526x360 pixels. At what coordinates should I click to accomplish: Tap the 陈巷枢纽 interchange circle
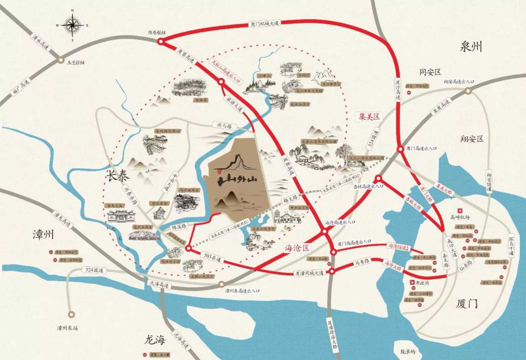click(x=160, y=41)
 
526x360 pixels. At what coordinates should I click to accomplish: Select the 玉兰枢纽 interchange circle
click(x=60, y=60)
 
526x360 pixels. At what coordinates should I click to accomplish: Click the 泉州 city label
click(x=471, y=47)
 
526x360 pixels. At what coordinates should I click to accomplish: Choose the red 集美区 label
click(x=369, y=116)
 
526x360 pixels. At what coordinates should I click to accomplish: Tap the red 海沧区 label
click(x=297, y=248)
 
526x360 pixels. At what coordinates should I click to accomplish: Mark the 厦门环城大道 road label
click(x=264, y=24)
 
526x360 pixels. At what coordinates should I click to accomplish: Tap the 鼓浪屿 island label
click(x=407, y=351)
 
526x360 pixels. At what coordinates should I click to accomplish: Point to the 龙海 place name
click(x=155, y=340)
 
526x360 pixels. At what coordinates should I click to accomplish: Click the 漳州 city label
click(x=43, y=235)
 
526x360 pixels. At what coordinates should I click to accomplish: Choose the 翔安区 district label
click(x=472, y=139)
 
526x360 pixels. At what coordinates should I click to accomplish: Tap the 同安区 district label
click(x=430, y=72)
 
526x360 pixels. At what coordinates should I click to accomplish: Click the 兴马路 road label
click(x=224, y=125)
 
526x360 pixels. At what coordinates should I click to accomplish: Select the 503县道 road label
click(x=212, y=258)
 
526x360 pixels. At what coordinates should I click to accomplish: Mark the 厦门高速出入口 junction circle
click(x=400, y=149)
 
